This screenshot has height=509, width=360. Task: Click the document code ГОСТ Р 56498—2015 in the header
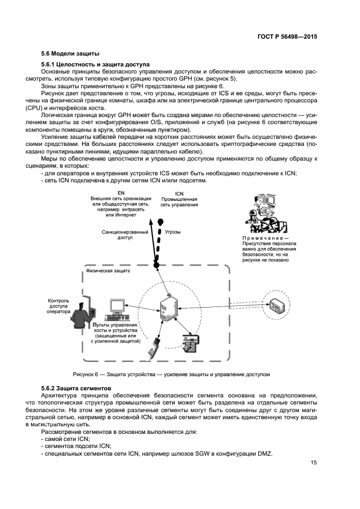click(x=286, y=36)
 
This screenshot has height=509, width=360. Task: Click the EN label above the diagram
click(x=121, y=193)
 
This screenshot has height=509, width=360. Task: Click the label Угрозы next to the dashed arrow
click(x=173, y=232)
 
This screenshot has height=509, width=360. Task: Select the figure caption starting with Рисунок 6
click(x=171, y=375)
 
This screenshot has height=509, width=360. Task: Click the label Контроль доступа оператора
click(x=58, y=306)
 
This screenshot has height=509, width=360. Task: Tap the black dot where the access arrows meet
click(x=156, y=265)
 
